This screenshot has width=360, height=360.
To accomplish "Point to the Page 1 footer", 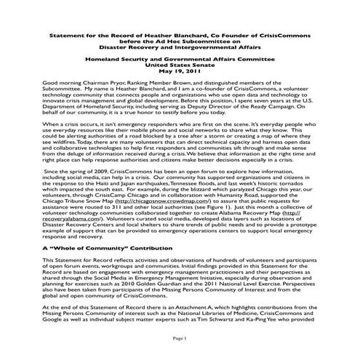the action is click(180, 339).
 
